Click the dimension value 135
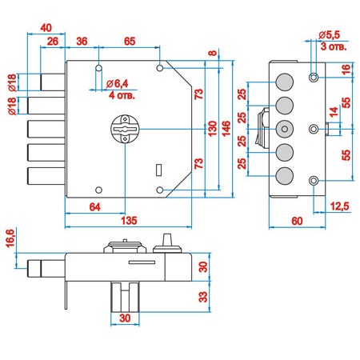click(x=129, y=221)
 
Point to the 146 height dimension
click(x=226, y=129)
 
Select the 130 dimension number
click(x=213, y=129)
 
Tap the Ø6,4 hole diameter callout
click(x=117, y=84)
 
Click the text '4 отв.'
click(x=122, y=95)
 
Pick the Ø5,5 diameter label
click(x=330, y=34)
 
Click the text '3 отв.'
click(x=334, y=46)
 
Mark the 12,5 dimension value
click(x=339, y=206)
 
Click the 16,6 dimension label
click(x=10, y=238)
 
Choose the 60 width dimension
click(x=297, y=221)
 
